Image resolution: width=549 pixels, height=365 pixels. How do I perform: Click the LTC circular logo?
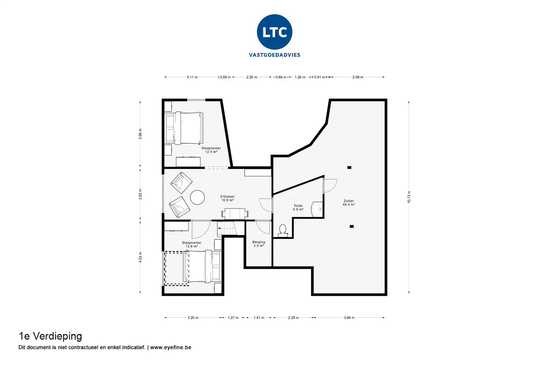tap(274, 32)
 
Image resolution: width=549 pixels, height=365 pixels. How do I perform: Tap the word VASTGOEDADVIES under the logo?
tap(274, 55)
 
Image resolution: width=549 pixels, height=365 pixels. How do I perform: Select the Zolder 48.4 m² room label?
tap(349, 203)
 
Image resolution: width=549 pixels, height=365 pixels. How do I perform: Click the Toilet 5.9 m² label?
tap(298, 208)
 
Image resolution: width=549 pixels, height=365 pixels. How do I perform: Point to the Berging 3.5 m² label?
tap(258, 244)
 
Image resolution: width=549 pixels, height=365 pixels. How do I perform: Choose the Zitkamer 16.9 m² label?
tap(227, 198)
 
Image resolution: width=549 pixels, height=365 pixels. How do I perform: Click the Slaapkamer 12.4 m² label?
tap(211, 150)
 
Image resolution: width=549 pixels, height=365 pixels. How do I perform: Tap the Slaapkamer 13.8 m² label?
tap(191, 244)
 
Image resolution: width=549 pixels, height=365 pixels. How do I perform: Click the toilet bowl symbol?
tap(283, 231)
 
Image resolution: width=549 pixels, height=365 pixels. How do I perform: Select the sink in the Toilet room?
tap(317, 210)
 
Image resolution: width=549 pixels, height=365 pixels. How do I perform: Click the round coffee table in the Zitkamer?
tap(197, 197)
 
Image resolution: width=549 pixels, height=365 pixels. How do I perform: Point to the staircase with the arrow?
tap(227, 228)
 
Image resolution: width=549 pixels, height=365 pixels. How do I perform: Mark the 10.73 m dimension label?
tap(409, 197)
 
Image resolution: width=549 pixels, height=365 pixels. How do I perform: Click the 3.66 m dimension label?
tap(140, 134)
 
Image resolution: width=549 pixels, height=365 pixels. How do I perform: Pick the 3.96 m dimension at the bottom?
tap(349, 318)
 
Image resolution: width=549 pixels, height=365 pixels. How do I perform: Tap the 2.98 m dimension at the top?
tap(358, 77)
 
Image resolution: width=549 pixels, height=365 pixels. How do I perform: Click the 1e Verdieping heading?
tap(50, 336)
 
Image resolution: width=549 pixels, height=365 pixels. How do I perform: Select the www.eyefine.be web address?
tap(170, 347)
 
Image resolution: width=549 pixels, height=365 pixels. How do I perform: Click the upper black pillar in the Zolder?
tap(349, 168)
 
